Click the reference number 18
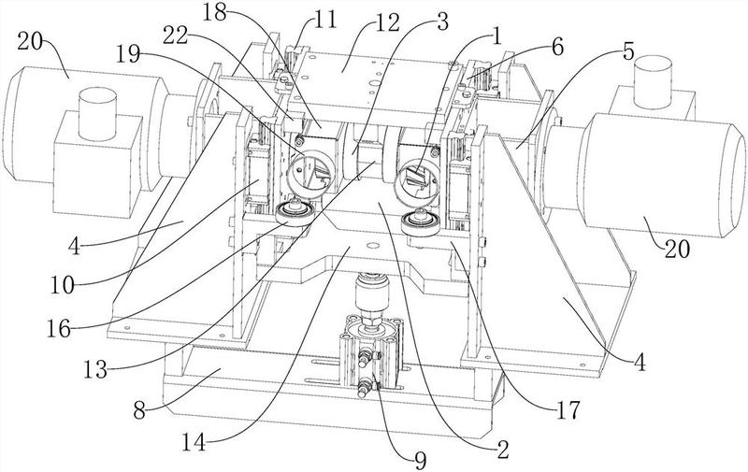click(x=214, y=13)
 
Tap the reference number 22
click(x=176, y=36)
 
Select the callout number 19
click(x=127, y=54)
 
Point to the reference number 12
click(x=386, y=22)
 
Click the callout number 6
click(x=556, y=47)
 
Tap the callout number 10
click(x=63, y=285)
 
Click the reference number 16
click(x=59, y=328)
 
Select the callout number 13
click(x=96, y=369)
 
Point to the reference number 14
click(x=194, y=442)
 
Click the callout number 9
click(x=420, y=460)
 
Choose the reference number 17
click(x=568, y=409)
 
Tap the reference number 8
click(x=139, y=410)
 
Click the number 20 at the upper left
click(x=31, y=42)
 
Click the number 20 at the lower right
click(x=677, y=249)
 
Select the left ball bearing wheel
click(x=295, y=213)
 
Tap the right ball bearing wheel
click(x=420, y=222)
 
